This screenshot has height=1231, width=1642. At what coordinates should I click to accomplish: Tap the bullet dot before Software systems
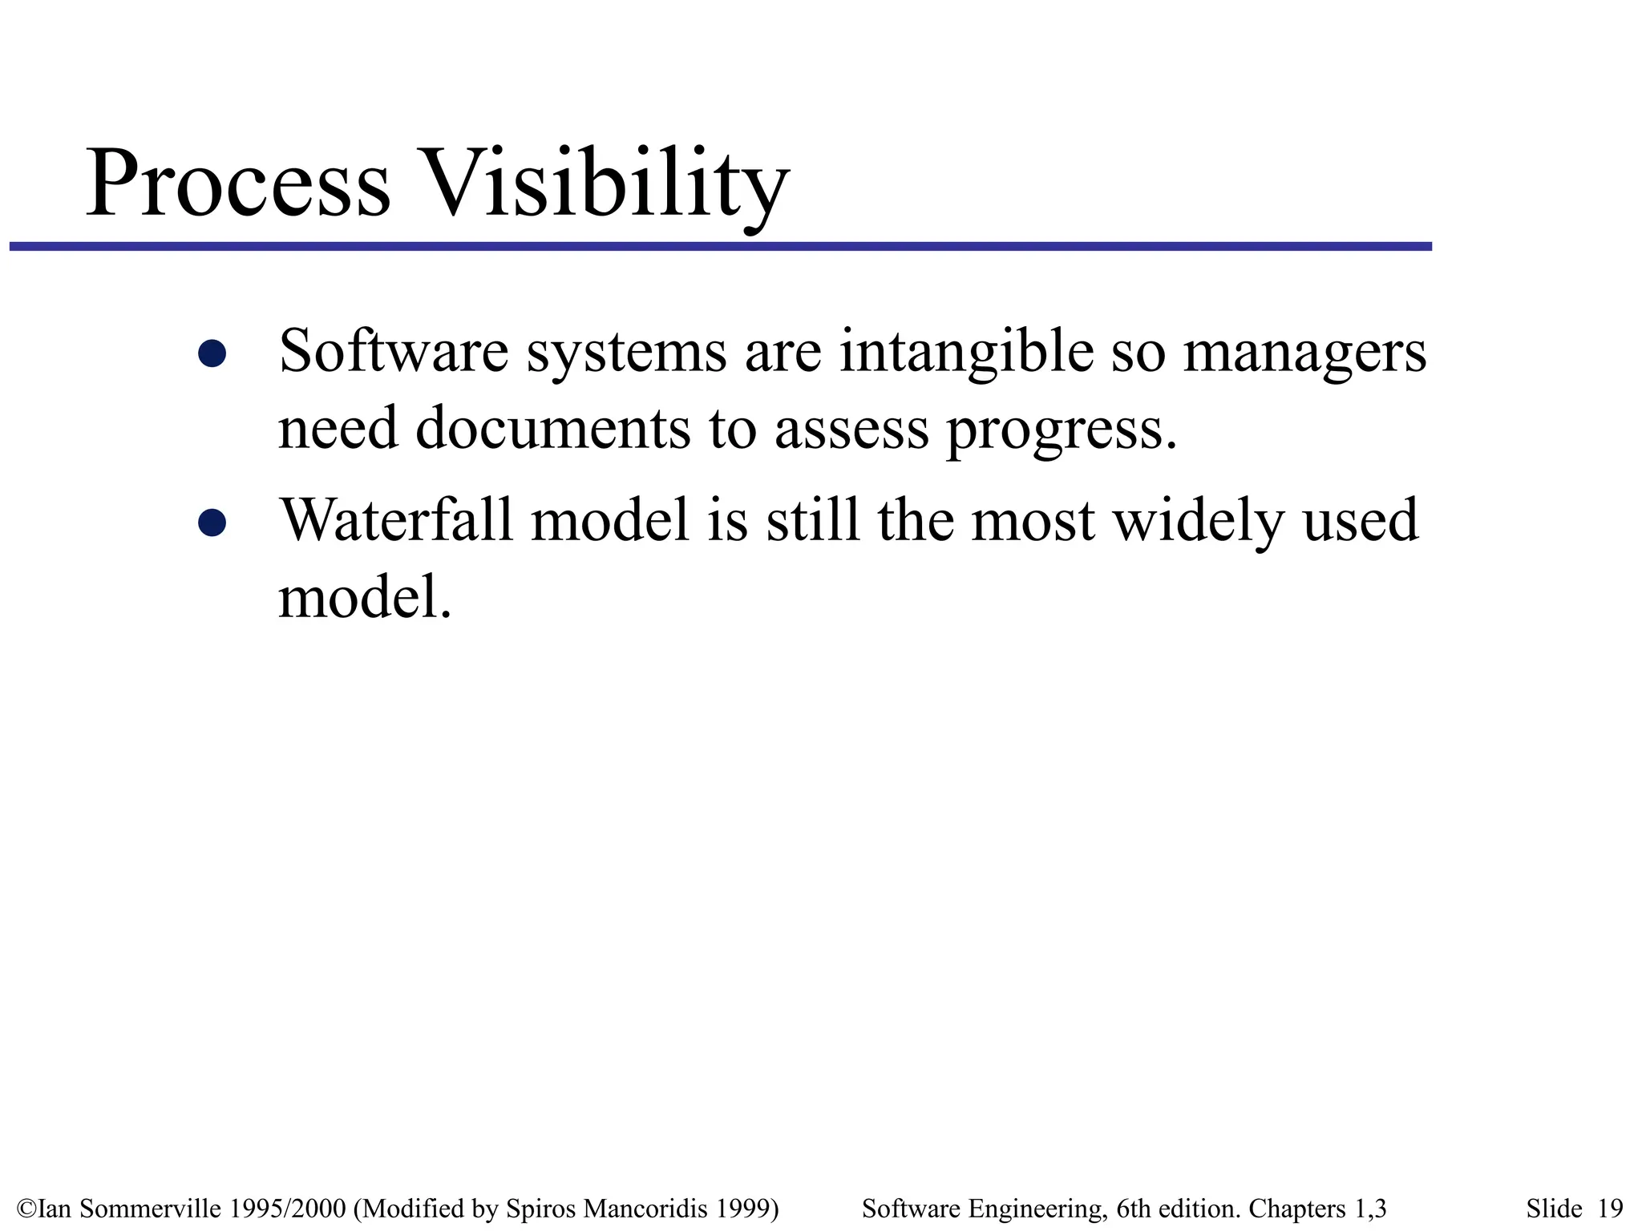212,353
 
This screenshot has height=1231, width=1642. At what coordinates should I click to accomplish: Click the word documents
552,428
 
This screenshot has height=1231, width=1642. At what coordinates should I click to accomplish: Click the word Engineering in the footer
1037,1208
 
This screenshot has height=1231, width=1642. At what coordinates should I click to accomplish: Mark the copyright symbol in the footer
26,1208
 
